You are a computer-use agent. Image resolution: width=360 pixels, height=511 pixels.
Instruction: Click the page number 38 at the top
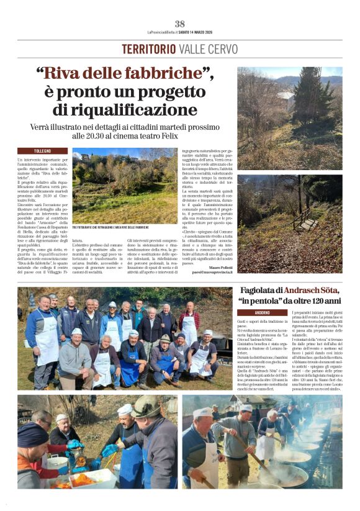pyautogui.click(x=179, y=24)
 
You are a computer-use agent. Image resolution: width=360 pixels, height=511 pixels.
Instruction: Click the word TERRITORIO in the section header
pyautogui.click(x=149, y=49)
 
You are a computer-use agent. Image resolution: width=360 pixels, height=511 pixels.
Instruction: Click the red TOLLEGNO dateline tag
pyautogui.click(x=42, y=151)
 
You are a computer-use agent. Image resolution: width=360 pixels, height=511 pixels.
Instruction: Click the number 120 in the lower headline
pyautogui.click(x=317, y=301)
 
